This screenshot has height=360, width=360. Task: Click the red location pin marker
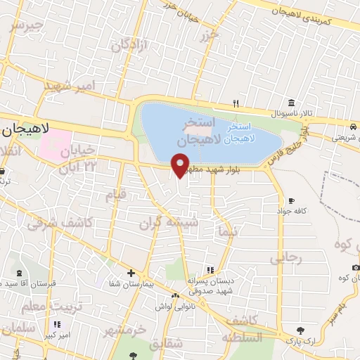(181, 165)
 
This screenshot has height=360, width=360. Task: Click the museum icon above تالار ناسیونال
(290, 101)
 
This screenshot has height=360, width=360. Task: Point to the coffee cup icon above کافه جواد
(291, 200)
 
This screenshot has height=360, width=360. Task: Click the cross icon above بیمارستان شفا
(131, 272)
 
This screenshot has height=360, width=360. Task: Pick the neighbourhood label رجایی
(286, 257)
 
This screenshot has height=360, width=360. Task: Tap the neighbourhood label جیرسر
(27, 27)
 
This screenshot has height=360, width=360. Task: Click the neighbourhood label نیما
(226, 231)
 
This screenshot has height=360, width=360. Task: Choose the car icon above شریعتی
(350, 127)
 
